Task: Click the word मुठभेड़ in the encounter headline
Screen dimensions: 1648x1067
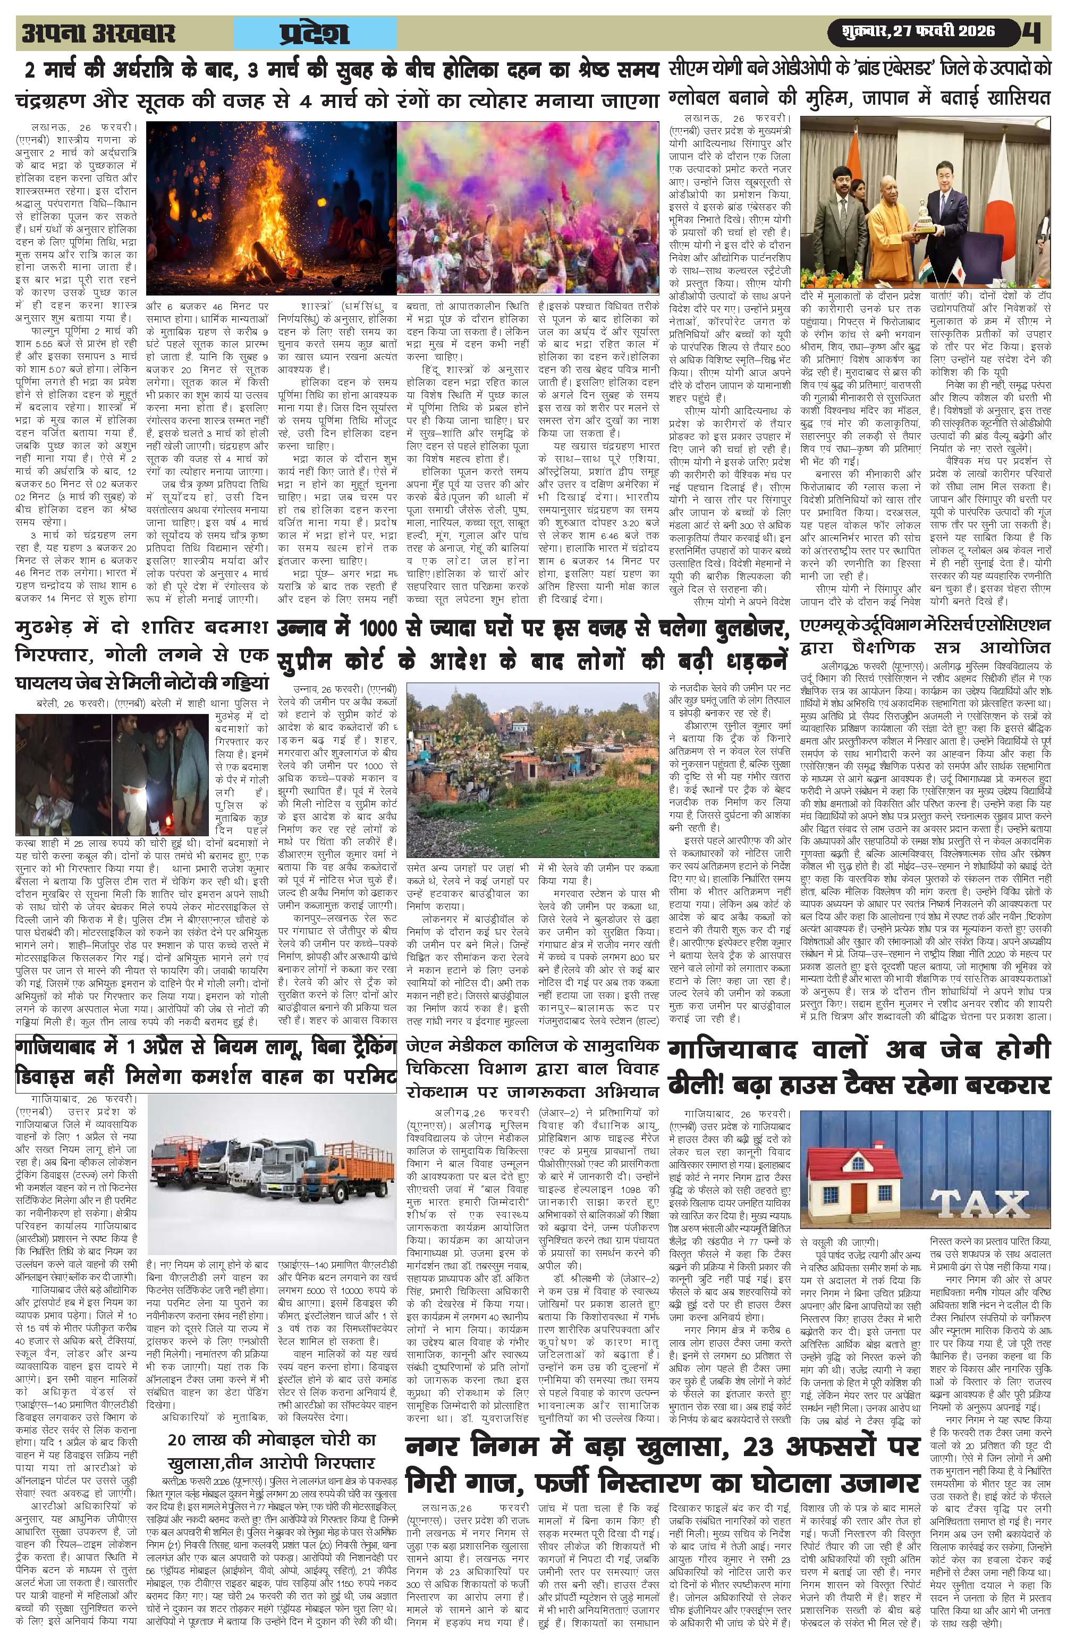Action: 52,627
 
